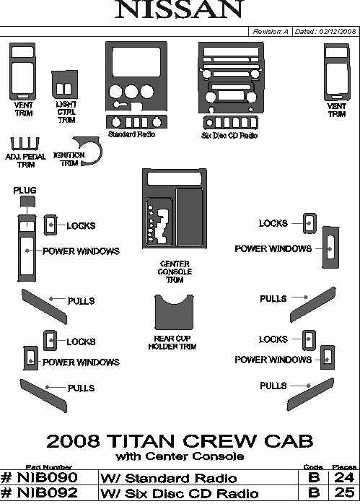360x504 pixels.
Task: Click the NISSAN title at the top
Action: pyautogui.click(x=179, y=9)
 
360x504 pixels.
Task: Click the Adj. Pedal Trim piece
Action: pyautogui.click(x=25, y=144)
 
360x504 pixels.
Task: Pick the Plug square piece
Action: pyautogui.click(x=27, y=201)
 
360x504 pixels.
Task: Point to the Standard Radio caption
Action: pyautogui.click(x=132, y=134)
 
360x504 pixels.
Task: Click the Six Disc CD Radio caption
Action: pyautogui.click(x=229, y=135)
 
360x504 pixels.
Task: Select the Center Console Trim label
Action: pyautogui.click(x=175, y=271)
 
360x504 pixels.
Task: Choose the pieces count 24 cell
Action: pyautogui.click(x=344, y=477)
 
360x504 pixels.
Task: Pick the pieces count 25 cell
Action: pyautogui.click(x=344, y=492)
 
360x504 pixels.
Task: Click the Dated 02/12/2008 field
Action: pyautogui.click(x=325, y=32)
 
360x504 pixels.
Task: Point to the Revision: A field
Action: pyautogui.click(x=271, y=32)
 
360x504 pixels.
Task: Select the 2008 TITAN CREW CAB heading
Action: pyautogui.click(x=180, y=440)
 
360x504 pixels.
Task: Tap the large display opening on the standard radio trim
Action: pyautogui.click(x=136, y=62)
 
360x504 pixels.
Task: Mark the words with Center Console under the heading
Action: pyautogui.click(x=180, y=456)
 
